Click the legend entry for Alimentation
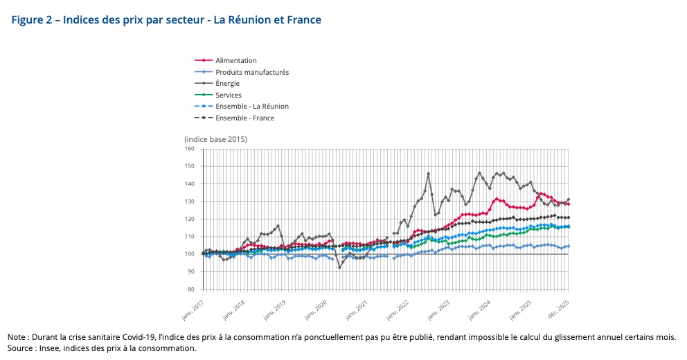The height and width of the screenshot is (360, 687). click(235, 61)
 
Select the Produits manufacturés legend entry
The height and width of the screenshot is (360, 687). click(251, 72)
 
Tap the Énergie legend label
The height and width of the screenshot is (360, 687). click(227, 84)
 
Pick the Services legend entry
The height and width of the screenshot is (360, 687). click(228, 95)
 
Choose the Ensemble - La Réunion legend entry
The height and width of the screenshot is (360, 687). click(251, 107)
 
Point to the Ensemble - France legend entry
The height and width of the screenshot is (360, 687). click(244, 118)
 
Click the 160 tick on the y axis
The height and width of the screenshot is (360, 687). click(190, 149)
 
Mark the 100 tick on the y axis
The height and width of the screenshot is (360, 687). click(190, 254)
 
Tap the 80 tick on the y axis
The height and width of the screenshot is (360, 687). click(191, 289)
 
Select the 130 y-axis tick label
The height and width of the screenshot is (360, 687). click(190, 201)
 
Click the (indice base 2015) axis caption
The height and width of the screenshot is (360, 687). click(215, 139)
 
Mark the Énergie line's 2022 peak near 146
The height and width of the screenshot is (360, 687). click(429, 174)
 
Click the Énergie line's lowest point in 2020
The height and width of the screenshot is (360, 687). click(339, 267)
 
